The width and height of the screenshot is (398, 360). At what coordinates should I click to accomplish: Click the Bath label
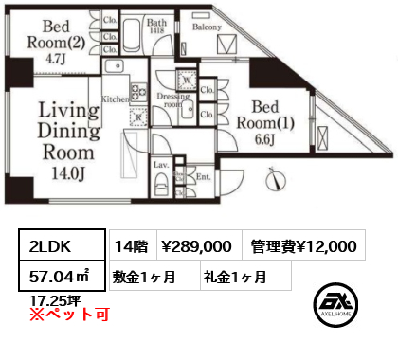(x=156, y=21)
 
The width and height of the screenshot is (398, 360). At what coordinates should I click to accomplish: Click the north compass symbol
(x=273, y=176)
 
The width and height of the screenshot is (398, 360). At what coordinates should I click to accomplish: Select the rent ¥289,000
(x=196, y=246)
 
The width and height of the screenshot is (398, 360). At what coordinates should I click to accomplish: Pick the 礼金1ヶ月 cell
(x=233, y=277)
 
